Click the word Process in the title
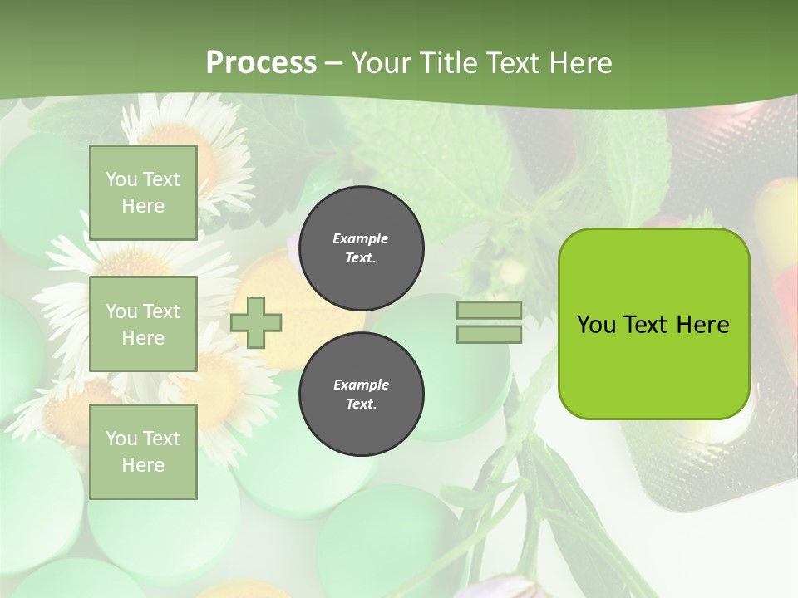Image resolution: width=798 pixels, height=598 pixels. [261, 62]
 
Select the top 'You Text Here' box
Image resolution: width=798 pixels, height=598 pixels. [143, 193]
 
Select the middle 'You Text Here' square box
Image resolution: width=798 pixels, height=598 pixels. [143, 324]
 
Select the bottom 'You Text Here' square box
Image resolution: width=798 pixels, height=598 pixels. [143, 452]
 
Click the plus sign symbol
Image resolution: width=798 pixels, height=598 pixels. [256, 322]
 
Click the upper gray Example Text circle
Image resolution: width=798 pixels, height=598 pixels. [361, 248]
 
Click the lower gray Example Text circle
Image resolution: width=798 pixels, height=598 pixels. [361, 395]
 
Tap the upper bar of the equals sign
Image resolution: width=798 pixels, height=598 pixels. [489, 311]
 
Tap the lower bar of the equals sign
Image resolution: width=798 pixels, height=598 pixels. [489, 334]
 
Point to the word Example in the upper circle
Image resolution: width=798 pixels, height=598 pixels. [361, 238]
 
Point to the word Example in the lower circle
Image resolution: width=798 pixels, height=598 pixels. [361, 385]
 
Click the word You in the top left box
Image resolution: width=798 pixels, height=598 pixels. [121, 179]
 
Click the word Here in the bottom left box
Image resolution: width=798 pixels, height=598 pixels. [143, 465]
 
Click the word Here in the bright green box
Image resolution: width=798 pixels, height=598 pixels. [702, 325]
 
